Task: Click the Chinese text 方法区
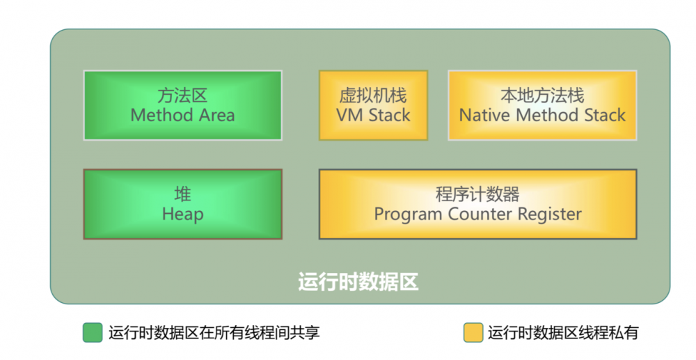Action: [182, 95]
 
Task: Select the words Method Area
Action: [182, 115]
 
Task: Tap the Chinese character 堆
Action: [182, 194]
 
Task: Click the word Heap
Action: [182, 214]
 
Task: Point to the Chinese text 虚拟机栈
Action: [373, 95]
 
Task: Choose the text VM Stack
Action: [373, 115]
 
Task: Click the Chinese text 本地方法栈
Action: [542, 95]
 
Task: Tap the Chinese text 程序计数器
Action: [477, 194]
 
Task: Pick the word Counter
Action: [476, 214]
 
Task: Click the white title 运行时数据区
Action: [358, 283]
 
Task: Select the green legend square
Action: [93, 333]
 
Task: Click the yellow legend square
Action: [473, 333]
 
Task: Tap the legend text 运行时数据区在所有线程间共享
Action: [214, 333]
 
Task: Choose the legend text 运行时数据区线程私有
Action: [562, 333]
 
